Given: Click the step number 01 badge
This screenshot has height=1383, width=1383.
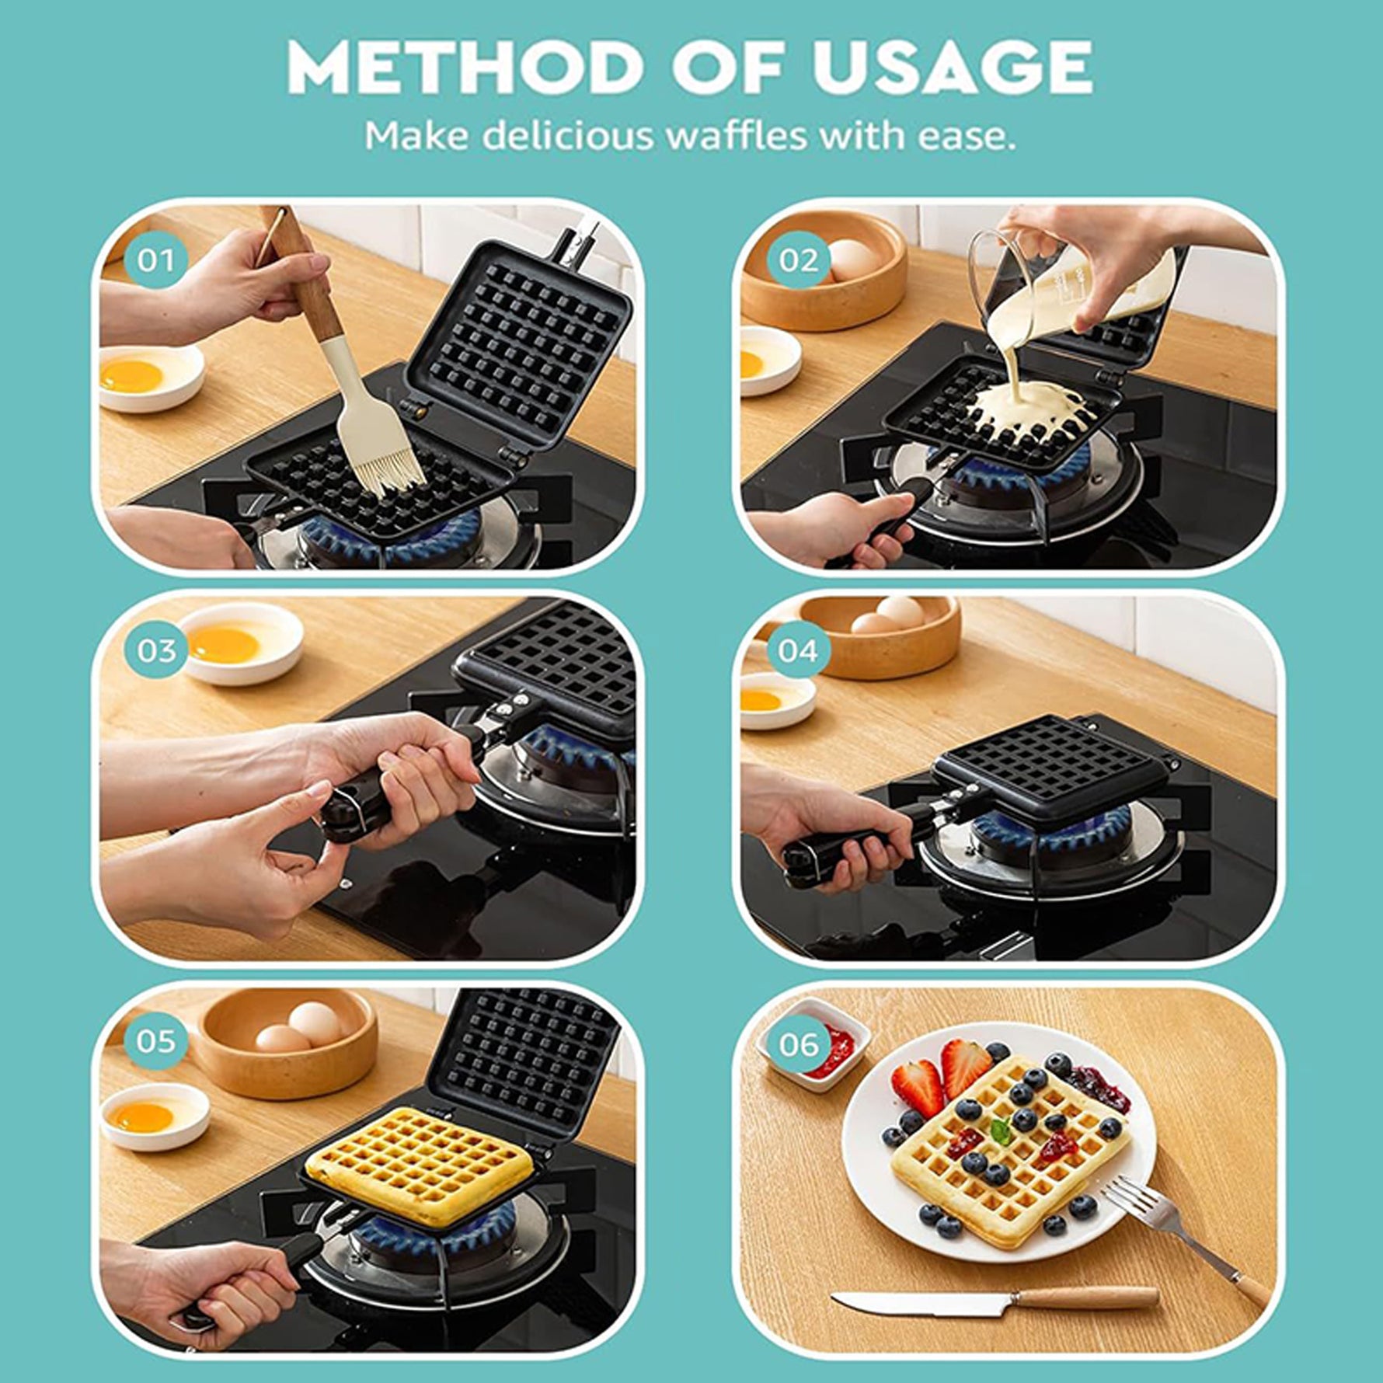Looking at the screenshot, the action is tap(155, 260).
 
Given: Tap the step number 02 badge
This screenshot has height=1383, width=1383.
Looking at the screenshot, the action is tap(799, 260).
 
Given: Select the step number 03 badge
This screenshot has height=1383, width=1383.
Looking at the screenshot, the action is tap(155, 650).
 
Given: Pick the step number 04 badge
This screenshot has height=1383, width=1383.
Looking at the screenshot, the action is tap(799, 650).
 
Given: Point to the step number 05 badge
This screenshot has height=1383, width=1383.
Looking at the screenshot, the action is tap(155, 1041).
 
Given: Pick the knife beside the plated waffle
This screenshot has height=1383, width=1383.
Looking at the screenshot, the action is tap(995, 1303).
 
